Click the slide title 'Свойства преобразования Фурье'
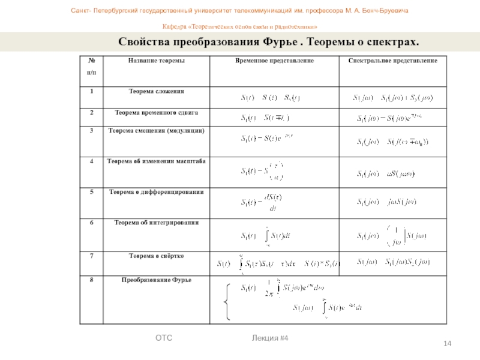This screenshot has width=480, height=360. click(x=268, y=42)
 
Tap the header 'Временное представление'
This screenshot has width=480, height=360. click(x=274, y=61)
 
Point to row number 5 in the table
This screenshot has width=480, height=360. click(x=92, y=192)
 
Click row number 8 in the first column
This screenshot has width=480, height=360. click(x=92, y=280)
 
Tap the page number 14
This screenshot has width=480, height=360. click(x=447, y=343)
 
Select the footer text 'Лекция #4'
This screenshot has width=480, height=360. click(x=271, y=339)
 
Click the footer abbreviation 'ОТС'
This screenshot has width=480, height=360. click(x=164, y=339)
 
